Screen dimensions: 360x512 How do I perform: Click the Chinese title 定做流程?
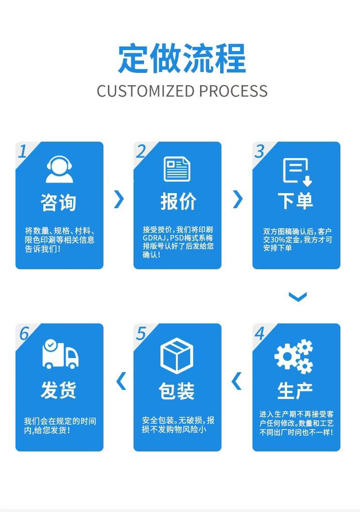pyautogui.click(x=182, y=58)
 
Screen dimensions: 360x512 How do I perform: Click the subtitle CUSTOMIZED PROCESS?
pyautogui.click(x=182, y=91)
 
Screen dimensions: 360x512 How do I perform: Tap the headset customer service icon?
pyautogui.click(x=59, y=169)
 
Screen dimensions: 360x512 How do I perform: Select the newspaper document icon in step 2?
pyautogui.click(x=177, y=169)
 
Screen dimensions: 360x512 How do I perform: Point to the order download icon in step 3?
pyautogui.click(x=297, y=172)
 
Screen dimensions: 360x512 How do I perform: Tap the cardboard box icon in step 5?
pyautogui.click(x=177, y=354)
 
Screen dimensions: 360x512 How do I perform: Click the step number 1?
pyautogui.click(x=22, y=151)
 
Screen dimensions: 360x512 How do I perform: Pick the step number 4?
pyautogui.click(x=259, y=334)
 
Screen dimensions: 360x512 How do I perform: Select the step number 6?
pyautogui.click(x=24, y=334)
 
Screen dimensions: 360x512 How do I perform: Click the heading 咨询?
pyautogui.click(x=59, y=202)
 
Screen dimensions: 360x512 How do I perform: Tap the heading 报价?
pyautogui.click(x=178, y=201)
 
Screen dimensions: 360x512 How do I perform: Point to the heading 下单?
pyautogui.click(x=296, y=201)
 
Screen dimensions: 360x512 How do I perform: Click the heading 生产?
pyautogui.click(x=295, y=390)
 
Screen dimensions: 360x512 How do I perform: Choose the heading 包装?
pyautogui.click(x=177, y=391)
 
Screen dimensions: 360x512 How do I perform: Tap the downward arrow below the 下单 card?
pyautogui.click(x=298, y=297)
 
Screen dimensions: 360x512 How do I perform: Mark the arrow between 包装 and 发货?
pyautogui.click(x=121, y=381)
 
